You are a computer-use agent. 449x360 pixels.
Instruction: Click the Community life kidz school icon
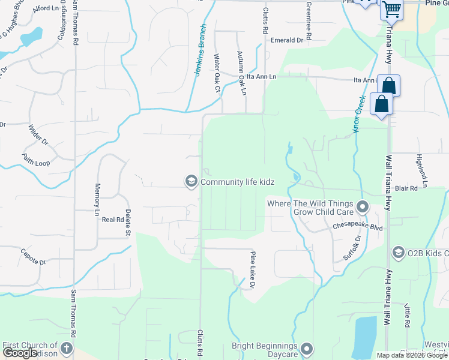(x=191, y=181)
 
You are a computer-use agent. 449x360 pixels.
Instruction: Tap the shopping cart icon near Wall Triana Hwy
(x=391, y=9)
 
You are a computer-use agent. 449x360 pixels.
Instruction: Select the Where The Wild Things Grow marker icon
(x=362, y=208)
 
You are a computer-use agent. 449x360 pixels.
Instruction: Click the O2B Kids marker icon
(x=399, y=252)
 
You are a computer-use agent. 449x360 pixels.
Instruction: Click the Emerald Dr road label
(x=287, y=40)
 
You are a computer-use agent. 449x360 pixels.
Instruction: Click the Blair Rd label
(x=406, y=188)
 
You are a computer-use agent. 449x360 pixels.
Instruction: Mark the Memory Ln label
(x=97, y=200)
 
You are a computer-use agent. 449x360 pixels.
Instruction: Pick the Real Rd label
(x=112, y=220)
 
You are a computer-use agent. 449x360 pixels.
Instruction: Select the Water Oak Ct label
(x=217, y=74)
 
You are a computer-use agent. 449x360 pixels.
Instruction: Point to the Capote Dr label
(x=33, y=256)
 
